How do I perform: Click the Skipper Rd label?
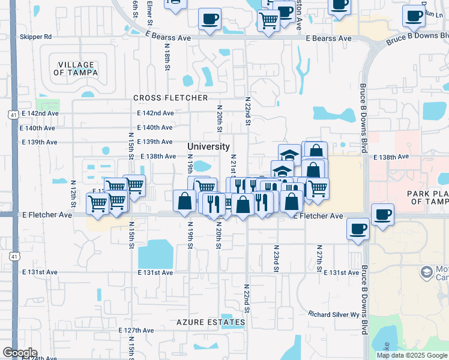pos(36,37)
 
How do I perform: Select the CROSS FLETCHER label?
pos(170,98)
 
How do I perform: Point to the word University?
pos(208,146)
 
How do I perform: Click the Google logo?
pos(20,353)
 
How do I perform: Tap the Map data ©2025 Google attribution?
pos(411,355)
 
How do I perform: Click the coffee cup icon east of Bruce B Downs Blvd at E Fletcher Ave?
pos(382,214)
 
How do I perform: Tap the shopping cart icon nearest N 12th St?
pos(97,203)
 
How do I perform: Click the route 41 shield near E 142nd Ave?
pos(13,113)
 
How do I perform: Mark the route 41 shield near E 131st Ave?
pos(13,256)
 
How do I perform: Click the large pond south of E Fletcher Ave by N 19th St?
pos(155,254)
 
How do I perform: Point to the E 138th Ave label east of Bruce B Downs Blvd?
pos(391,157)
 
